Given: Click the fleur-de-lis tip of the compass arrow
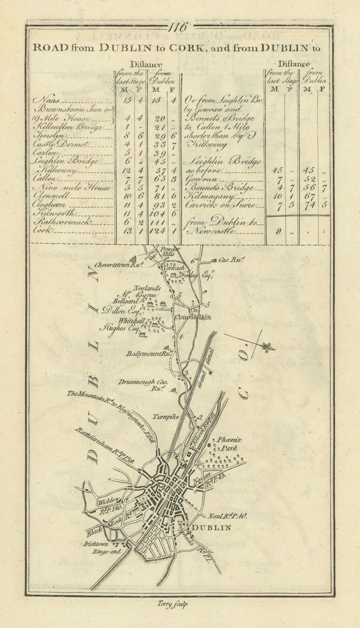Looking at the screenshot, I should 271,347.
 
